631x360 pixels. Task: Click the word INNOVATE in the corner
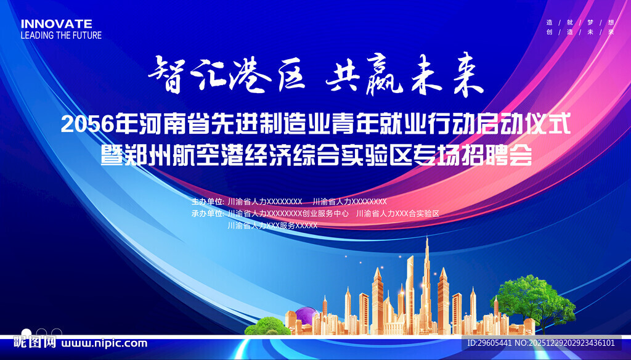click(x=56, y=24)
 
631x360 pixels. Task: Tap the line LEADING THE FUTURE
click(x=61, y=35)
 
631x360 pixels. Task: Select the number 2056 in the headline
click(x=87, y=125)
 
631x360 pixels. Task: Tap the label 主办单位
click(x=207, y=202)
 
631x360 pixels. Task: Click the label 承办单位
click(x=207, y=213)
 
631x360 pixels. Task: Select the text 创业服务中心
click(x=325, y=213)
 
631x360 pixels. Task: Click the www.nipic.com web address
click(x=104, y=343)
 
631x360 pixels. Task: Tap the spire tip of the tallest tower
click(x=427, y=237)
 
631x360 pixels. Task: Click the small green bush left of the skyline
click(x=267, y=326)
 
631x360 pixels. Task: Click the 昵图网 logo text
click(x=35, y=343)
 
